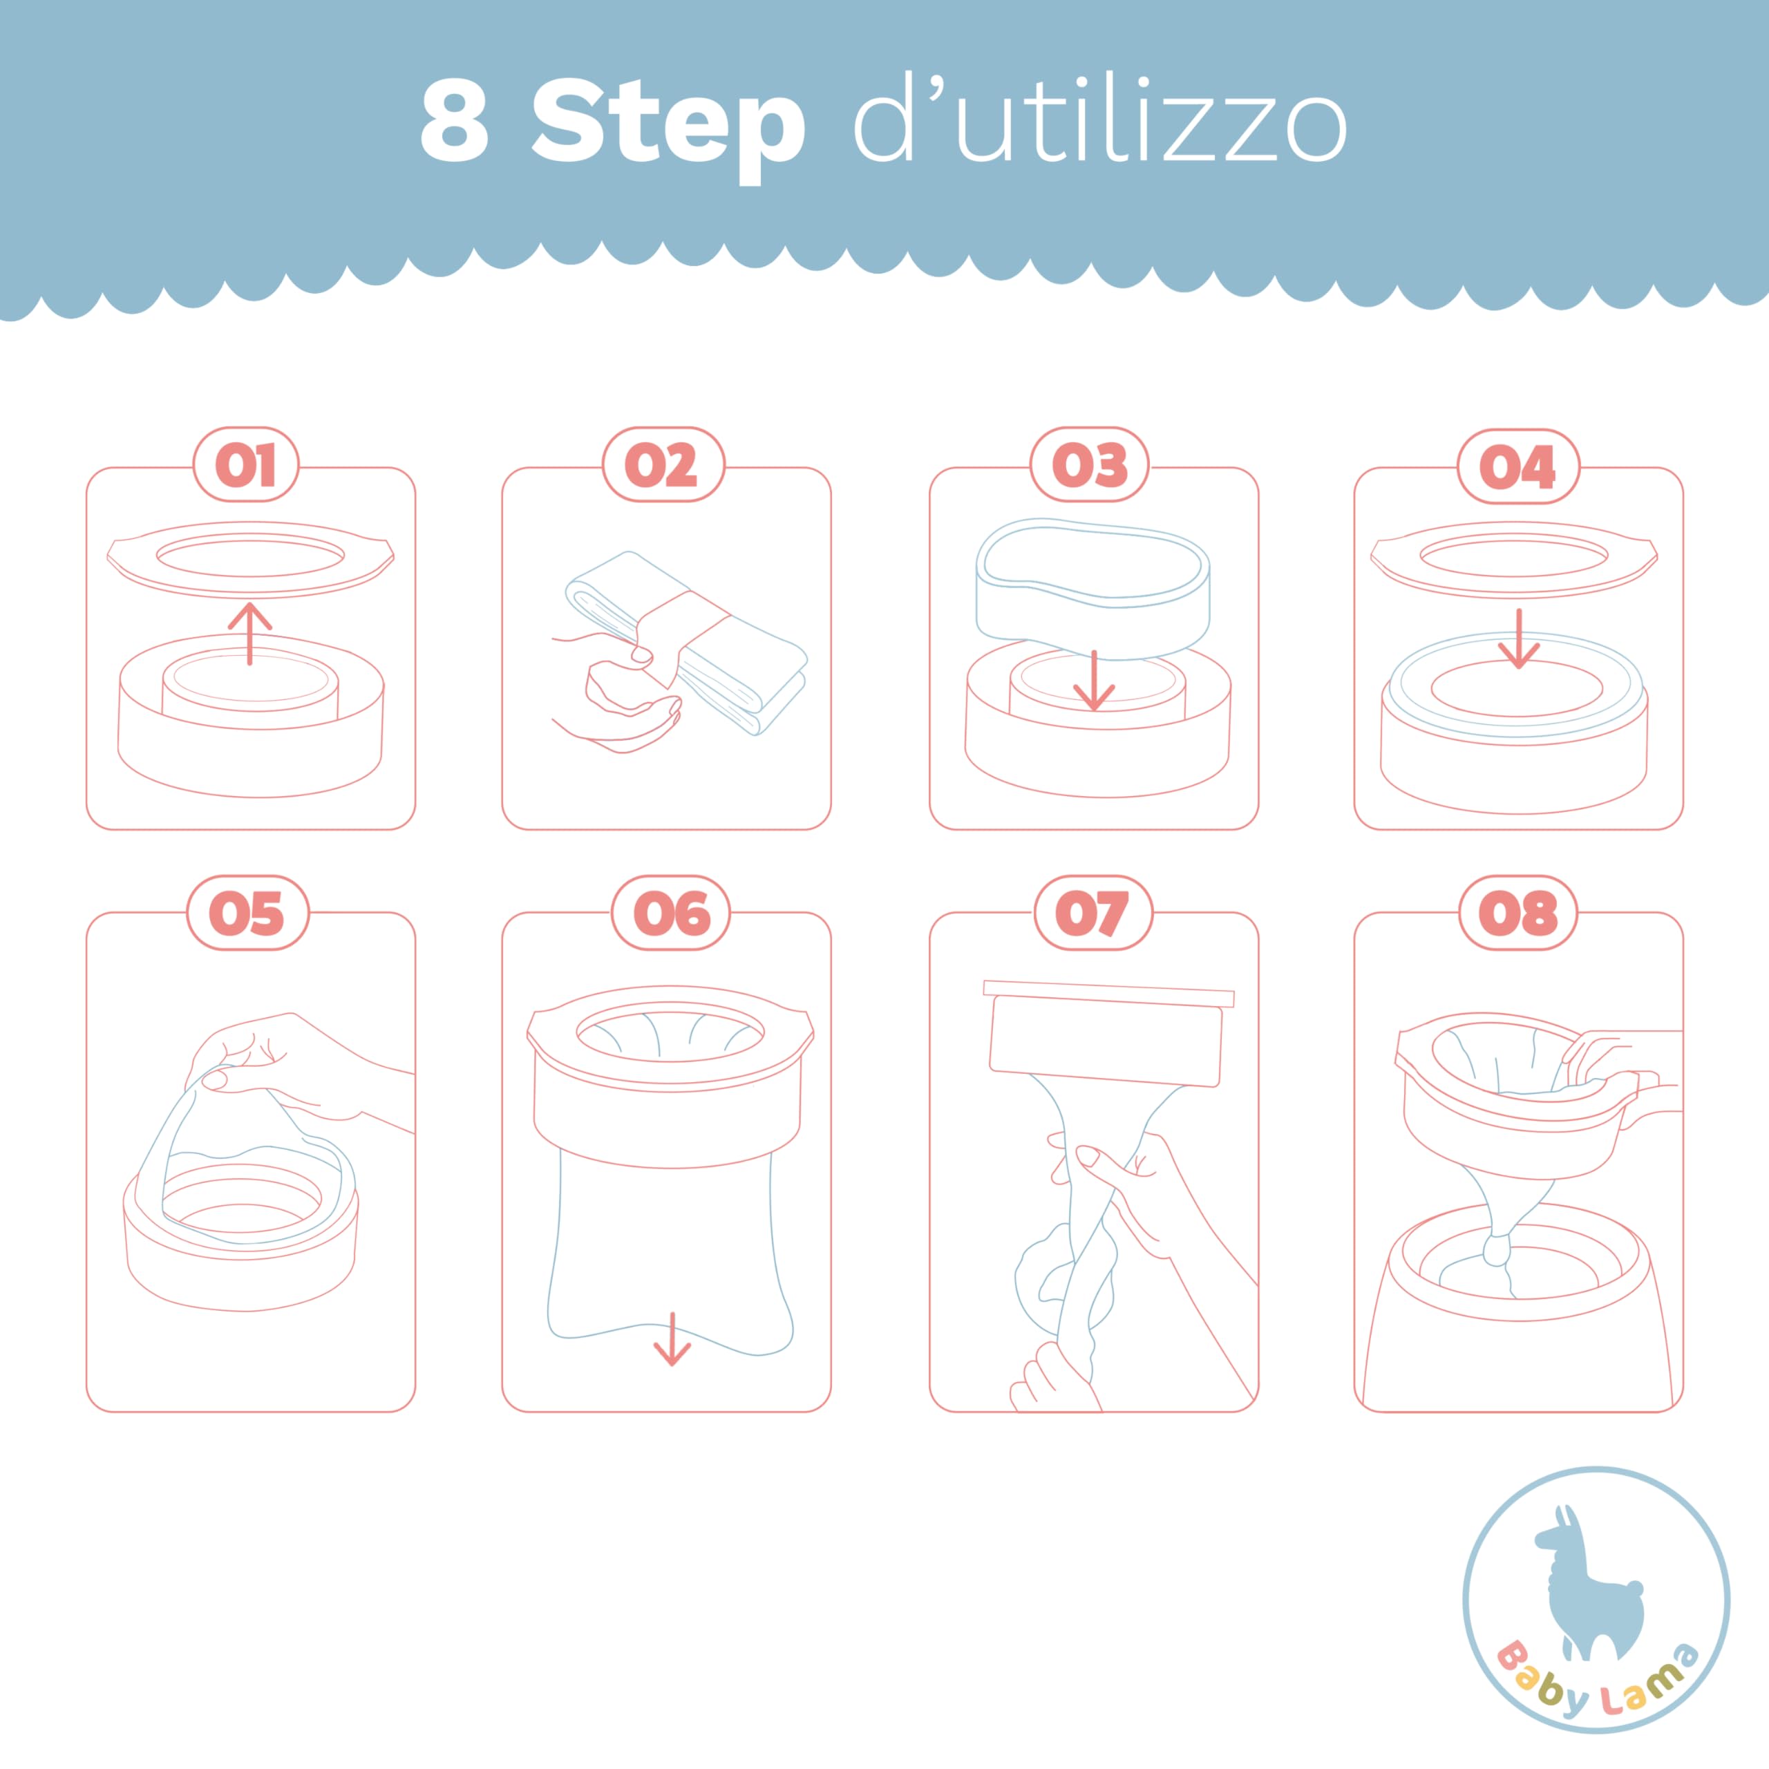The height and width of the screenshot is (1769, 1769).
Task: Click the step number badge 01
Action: pos(245,465)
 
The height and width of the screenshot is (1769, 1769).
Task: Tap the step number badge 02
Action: pos(663,465)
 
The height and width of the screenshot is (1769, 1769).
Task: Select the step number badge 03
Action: pos(1088,465)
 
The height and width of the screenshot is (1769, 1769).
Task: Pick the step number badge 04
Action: pos(1517,466)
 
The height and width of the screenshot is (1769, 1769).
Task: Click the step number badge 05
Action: pos(247,913)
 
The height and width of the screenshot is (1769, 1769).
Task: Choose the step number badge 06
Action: pos(670,913)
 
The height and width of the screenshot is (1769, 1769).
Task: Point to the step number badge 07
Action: pos(1092,913)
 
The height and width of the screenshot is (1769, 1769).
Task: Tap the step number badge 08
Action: pos(1517,913)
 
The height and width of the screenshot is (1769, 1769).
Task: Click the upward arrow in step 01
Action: pos(250,632)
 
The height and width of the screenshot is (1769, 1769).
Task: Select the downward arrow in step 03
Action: pos(1093,681)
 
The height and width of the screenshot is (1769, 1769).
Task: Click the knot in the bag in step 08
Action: pos(1496,1248)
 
